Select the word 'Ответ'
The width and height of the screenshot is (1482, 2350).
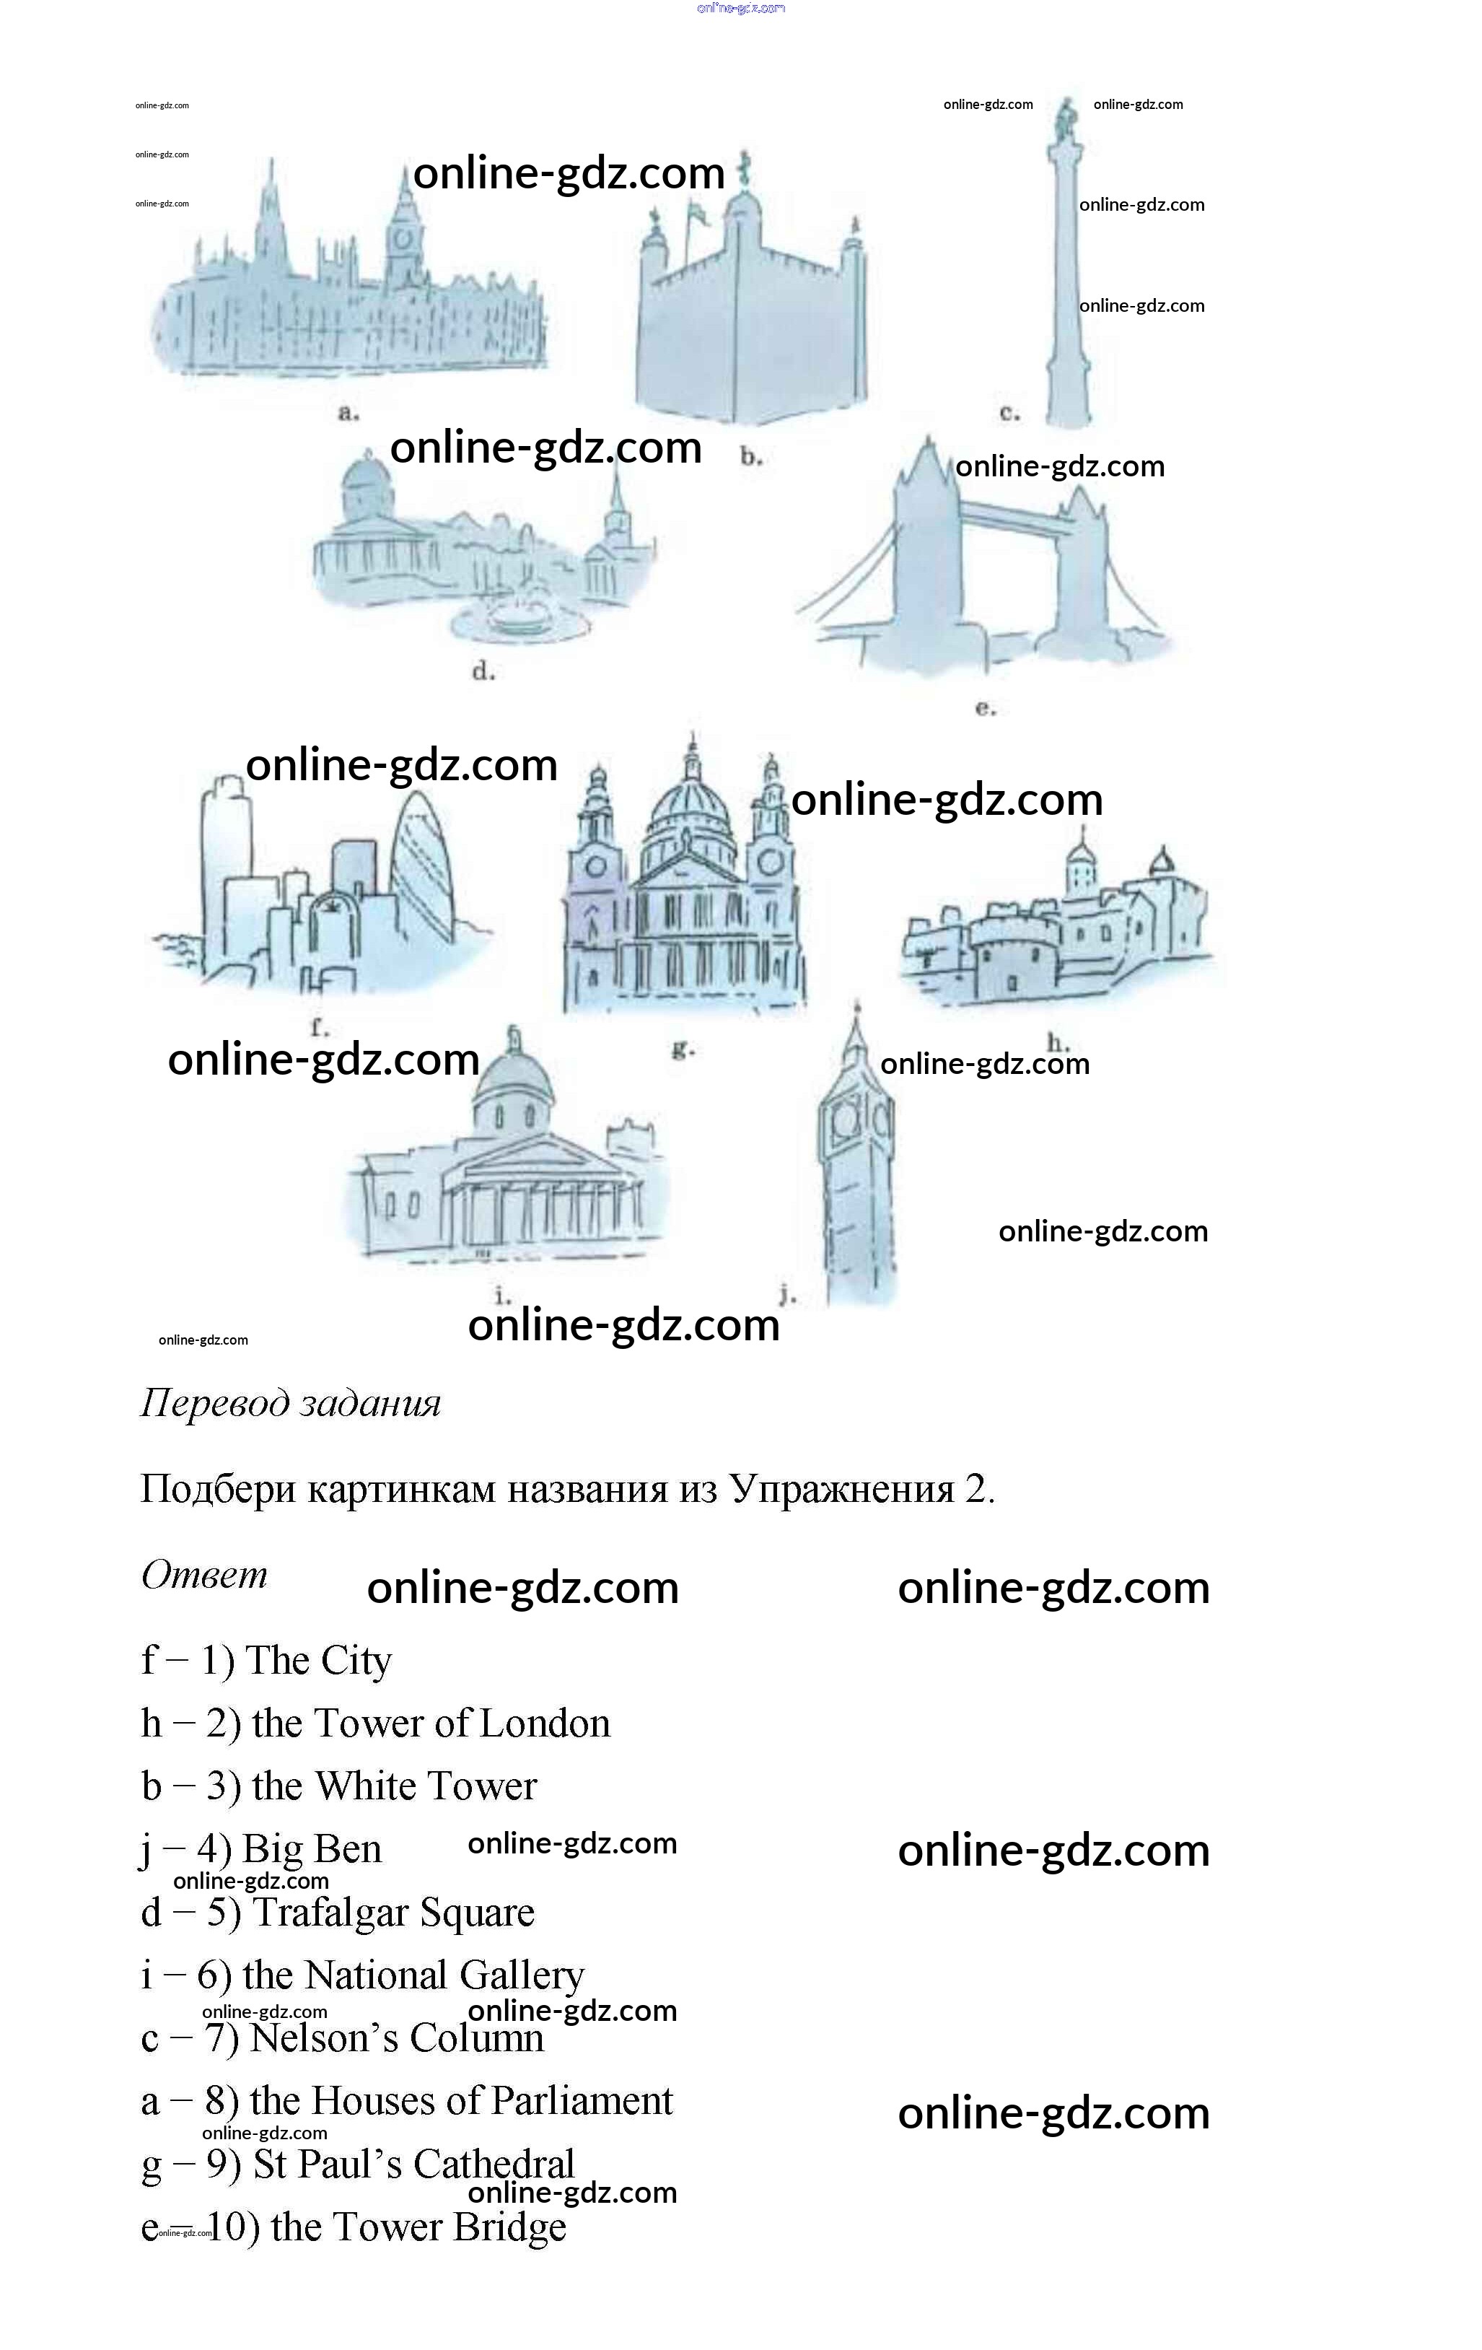pyautogui.click(x=204, y=1575)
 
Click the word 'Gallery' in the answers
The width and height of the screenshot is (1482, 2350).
pyautogui.click(x=522, y=1976)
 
